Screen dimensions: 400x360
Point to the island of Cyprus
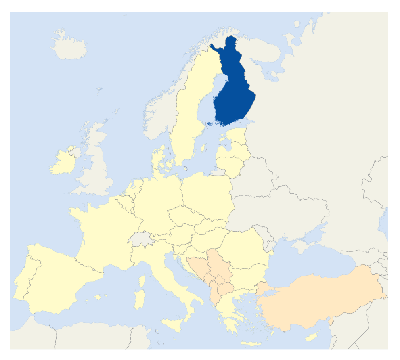click(312, 336)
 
